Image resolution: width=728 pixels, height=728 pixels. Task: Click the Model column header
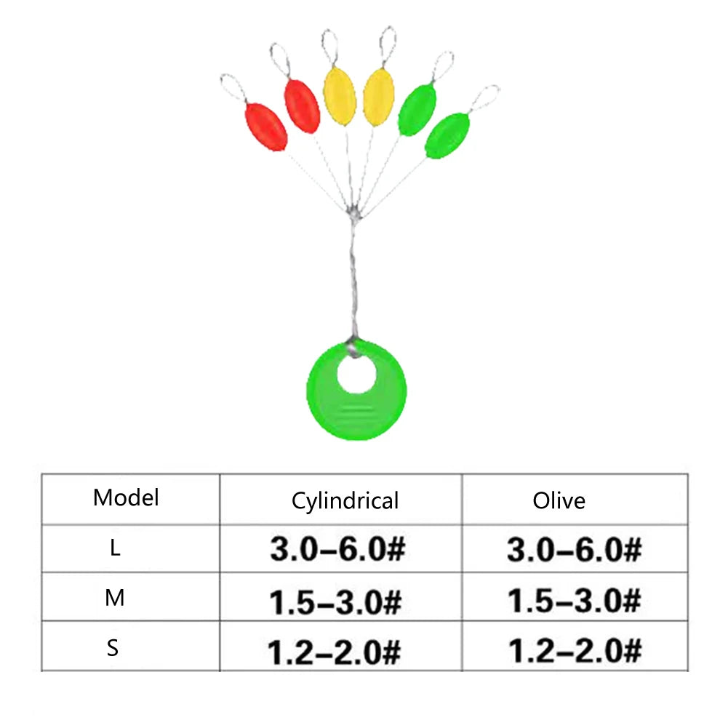click(126, 497)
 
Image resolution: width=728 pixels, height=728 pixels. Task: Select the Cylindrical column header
click(345, 501)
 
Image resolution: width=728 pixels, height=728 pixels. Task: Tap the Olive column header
click(559, 500)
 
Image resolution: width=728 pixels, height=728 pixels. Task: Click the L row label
click(115, 548)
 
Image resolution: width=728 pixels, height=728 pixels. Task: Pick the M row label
click(115, 598)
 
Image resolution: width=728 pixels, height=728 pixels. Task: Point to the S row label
click(112, 648)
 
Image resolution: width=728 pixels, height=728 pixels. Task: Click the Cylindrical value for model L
click(337, 549)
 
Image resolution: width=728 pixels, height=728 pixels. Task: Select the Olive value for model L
click(575, 550)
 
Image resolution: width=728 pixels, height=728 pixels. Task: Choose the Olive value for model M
click(575, 600)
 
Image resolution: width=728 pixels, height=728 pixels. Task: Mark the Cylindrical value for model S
click(334, 652)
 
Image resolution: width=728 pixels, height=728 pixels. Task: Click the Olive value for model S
click(575, 650)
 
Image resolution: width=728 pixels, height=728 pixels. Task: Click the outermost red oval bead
click(265, 127)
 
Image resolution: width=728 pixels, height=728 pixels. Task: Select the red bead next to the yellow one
click(302, 106)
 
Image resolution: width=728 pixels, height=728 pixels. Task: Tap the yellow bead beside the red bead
click(340, 96)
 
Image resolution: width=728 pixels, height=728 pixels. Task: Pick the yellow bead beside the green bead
click(378, 97)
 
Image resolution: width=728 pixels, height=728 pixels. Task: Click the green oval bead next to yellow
click(417, 110)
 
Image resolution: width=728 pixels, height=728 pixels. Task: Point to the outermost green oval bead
click(447, 135)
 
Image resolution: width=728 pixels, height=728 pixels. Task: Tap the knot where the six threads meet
click(353, 214)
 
